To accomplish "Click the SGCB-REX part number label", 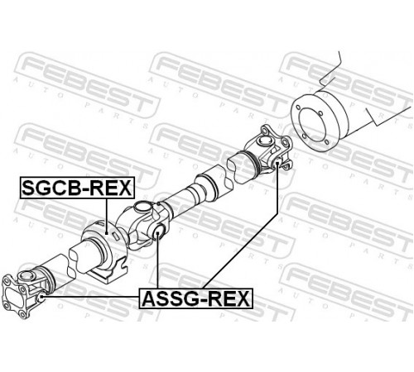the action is (x=77, y=188).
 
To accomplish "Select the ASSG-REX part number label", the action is (x=196, y=298).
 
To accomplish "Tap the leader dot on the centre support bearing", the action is (x=107, y=233).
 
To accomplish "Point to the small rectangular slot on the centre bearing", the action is (x=116, y=236).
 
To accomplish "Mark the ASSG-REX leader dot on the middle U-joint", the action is (x=157, y=233).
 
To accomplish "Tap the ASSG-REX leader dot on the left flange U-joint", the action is (x=42, y=297).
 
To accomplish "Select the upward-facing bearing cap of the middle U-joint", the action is (x=143, y=206).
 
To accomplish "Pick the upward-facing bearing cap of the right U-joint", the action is (x=264, y=141).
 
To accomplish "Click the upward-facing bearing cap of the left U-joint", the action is (x=26, y=275).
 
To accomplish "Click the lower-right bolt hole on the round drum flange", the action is (x=327, y=141).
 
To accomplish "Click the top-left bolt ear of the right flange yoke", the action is (x=264, y=129).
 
